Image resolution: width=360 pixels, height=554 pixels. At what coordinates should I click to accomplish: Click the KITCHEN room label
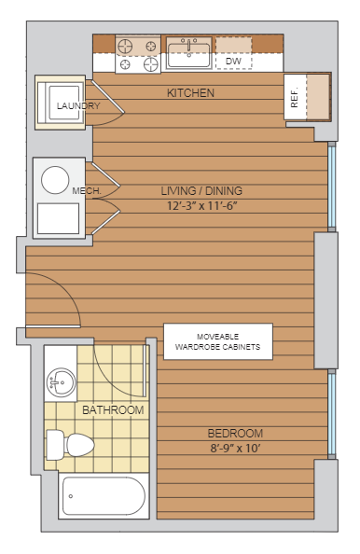pyautogui.click(x=190, y=93)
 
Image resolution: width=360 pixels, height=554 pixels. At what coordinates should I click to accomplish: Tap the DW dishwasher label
pyautogui.click(x=233, y=62)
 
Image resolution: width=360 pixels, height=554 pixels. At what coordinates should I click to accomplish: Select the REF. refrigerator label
pyautogui.click(x=295, y=97)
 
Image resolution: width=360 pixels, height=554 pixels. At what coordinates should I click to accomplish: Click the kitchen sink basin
pyautogui.click(x=189, y=55)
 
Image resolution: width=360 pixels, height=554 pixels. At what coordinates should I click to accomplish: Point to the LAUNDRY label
pyautogui.click(x=78, y=105)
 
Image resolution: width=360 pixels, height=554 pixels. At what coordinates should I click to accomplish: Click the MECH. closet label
pyautogui.click(x=87, y=191)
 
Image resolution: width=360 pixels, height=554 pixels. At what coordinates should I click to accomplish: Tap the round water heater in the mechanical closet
pyautogui.click(x=55, y=180)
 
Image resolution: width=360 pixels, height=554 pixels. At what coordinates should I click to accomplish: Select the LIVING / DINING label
pyautogui.click(x=201, y=191)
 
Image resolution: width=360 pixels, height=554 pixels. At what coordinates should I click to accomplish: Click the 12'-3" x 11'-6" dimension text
pyautogui.click(x=201, y=205)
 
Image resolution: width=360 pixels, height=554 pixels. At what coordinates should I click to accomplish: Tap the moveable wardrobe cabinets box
pyautogui.click(x=218, y=341)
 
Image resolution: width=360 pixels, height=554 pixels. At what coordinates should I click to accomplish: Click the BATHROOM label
pyautogui.click(x=113, y=410)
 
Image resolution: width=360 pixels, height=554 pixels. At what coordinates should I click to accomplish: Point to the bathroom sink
pyautogui.click(x=61, y=382)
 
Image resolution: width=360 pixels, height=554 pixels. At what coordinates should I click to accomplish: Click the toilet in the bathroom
pyautogui.click(x=70, y=445)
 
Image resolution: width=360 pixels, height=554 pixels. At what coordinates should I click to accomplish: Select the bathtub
pyautogui.click(x=104, y=495)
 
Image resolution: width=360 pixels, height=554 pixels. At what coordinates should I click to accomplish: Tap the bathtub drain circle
pyautogui.click(x=71, y=496)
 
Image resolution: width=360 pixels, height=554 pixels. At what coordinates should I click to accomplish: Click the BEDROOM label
pyautogui.click(x=235, y=433)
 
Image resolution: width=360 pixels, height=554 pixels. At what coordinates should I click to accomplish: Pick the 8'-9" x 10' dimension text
pyautogui.click(x=235, y=448)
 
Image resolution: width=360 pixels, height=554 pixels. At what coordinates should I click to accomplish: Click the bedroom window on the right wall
pyautogui.click(x=331, y=414)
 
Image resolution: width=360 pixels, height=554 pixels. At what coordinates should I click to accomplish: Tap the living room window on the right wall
pyautogui.click(x=331, y=187)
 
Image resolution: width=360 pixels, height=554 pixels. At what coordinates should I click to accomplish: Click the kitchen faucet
pyautogui.click(x=189, y=45)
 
